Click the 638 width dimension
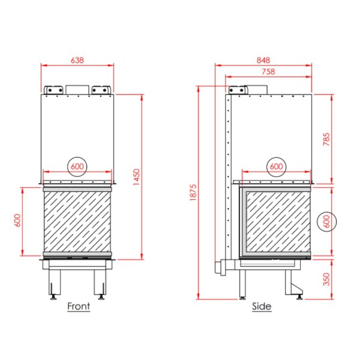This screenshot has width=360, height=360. pyautogui.click(x=77, y=60)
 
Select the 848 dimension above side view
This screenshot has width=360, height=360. pyautogui.click(x=263, y=60)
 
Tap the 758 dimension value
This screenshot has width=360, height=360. pyautogui.click(x=268, y=71)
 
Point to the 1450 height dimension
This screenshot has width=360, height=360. pyautogui.click(x=136, y=177)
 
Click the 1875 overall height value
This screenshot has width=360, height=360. pyautogui.click(x=193, y=193)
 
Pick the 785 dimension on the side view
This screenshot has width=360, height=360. pyautogui.click(x=326, y=139)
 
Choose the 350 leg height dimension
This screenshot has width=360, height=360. pyautogui.click(x=326, y=279)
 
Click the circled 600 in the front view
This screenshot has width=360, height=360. pyautogui.click(x=77, y=166)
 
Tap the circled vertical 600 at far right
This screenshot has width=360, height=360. pyautogui.click(x=326, y=222)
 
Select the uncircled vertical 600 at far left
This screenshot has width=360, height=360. pyautogui.click(x=17, y=220)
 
